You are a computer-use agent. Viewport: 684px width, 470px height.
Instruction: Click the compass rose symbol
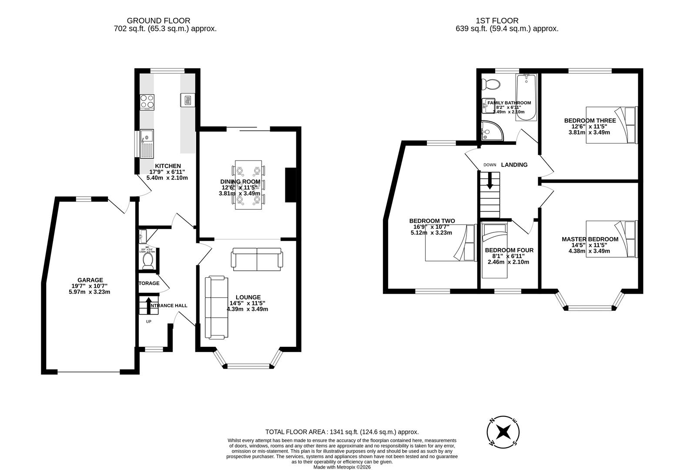coord(503,432)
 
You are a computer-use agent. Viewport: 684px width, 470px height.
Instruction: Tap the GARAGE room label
coord(90,280)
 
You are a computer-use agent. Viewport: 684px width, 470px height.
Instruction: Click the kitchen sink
coord(147,143)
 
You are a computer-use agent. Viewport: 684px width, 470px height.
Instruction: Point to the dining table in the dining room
coord(248,185)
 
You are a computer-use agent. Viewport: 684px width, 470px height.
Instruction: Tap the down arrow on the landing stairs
coord(490,181)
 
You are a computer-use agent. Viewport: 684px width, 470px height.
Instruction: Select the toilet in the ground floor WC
coord(148,260)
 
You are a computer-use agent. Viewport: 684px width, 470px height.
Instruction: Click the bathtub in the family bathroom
coord(526,97)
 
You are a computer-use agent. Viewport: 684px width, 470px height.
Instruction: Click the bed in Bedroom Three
coord(611,125)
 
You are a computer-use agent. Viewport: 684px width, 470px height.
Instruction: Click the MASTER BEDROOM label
coord(590,239)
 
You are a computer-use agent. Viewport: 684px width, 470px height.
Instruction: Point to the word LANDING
coord(514,164)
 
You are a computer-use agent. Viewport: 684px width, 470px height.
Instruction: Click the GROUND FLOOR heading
coord(158,20)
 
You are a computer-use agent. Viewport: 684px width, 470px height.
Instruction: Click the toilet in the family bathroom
coord(493,83)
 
